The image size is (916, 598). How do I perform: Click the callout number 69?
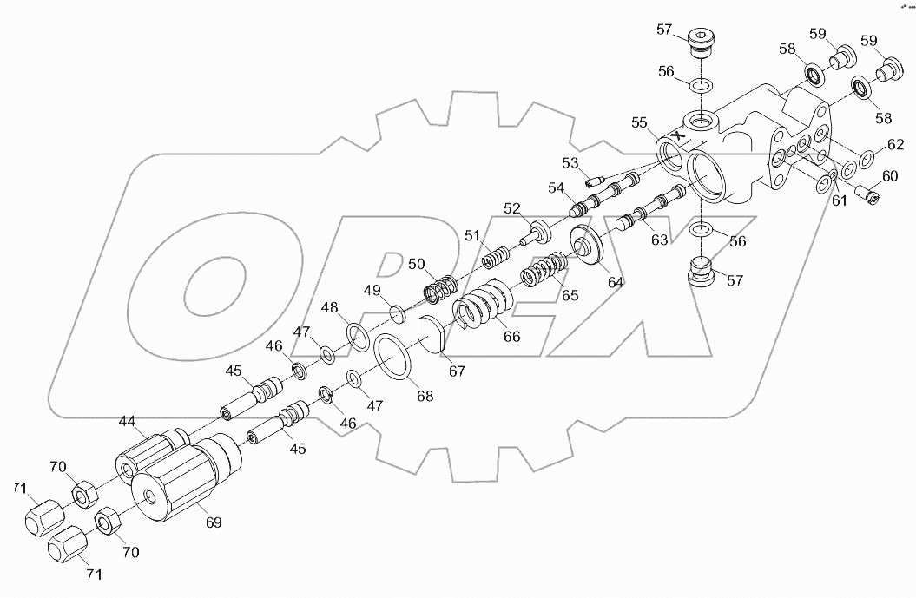click(x=213, y=522)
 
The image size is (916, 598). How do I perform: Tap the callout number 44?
click(x=129, y=422)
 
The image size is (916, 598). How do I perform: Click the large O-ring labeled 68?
click(x=395, y=356)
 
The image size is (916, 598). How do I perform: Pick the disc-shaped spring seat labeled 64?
click(x=591, y=246)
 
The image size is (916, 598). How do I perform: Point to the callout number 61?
click(x=839, y=202)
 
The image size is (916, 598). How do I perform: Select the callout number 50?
click(x=417, y=264)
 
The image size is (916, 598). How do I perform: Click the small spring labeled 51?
click(x=495, y=258)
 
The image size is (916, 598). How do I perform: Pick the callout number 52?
click(x=512, y=208)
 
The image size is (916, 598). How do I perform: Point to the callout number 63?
click(x=660, y=240)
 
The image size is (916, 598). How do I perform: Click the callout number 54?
click(x=556, y=187)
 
